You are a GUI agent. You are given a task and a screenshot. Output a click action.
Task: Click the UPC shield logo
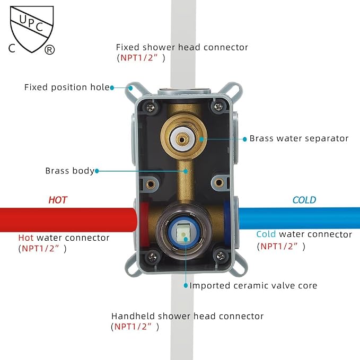click(32, 29)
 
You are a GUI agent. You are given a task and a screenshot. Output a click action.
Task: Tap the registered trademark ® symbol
click(49, 50)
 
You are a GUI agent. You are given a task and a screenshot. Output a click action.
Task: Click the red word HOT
click(58, 200)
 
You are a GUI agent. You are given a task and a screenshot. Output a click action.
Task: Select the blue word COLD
click(304, 200)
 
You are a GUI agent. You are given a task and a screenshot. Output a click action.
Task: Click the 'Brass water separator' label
click(299, 138)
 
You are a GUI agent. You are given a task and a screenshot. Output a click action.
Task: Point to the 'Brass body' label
click(70, 171)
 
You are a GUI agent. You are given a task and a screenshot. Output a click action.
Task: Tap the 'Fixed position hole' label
click(67, 87)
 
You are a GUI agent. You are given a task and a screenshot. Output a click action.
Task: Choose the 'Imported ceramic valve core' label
click(253, 286)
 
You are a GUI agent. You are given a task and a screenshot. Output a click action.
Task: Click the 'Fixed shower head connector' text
click(182, 47)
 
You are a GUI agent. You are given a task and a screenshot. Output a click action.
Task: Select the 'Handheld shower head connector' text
click(187, 316)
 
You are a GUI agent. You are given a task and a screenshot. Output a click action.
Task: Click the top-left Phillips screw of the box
click(150, 107)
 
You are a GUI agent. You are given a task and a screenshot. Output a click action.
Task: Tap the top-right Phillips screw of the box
click(218, 106)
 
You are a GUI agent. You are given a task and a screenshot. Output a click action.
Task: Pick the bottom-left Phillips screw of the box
click(153, 257)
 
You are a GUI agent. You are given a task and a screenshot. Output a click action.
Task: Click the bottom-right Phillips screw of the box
click(221, 256)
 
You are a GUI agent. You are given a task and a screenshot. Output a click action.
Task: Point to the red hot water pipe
click(68, 219)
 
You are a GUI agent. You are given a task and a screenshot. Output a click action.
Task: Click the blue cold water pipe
click(299, 218)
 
